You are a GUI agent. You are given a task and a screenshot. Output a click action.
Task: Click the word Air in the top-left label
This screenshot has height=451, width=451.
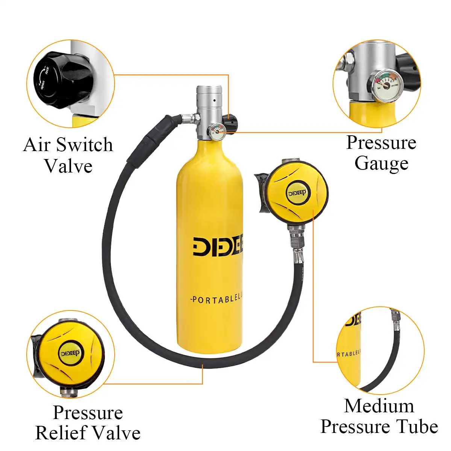37,145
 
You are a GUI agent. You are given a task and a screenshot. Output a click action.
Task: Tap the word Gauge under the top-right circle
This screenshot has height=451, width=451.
381,163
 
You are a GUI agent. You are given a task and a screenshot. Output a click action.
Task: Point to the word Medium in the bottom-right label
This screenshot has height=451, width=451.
379,406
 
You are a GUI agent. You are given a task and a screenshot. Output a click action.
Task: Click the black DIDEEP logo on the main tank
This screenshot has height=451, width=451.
218,247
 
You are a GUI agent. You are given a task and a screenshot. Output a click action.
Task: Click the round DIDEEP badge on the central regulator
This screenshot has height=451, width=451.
297,193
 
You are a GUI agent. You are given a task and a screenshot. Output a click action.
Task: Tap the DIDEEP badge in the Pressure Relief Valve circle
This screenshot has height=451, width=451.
73,353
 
